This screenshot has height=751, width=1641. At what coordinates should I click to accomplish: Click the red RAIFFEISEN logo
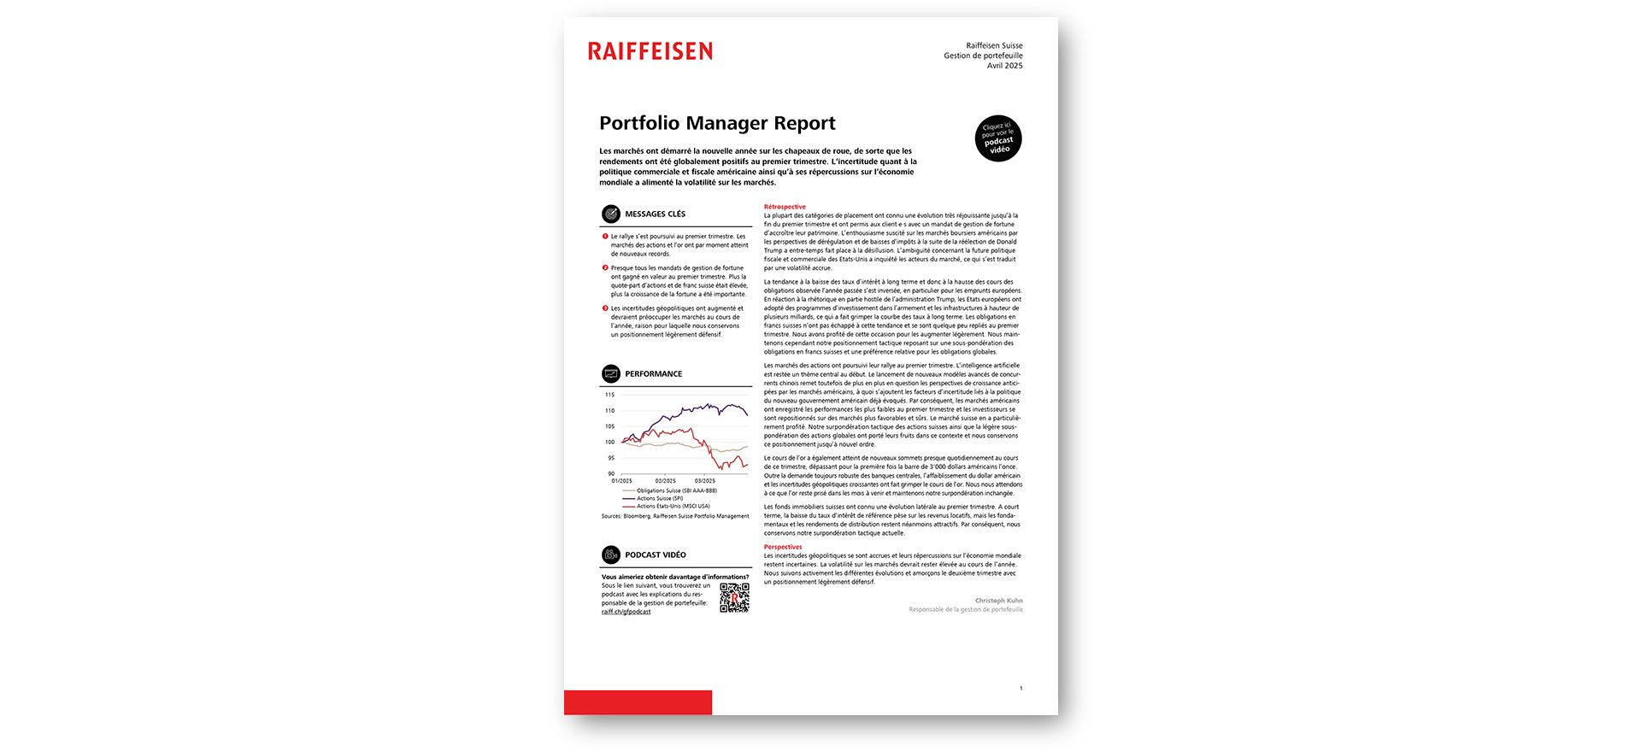point(650,51)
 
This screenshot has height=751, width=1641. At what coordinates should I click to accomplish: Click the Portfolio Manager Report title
point(717,123)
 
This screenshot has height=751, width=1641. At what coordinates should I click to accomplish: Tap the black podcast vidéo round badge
point(998,138)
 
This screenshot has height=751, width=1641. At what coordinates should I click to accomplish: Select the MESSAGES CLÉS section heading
point(655,214)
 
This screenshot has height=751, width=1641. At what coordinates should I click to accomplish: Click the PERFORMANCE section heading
point(653,374)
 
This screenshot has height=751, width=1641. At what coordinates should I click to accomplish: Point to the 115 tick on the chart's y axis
point(609,395)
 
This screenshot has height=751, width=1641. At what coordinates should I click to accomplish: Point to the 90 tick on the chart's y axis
point(611,473)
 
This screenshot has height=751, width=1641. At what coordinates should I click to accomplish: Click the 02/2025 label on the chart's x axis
point(665,481)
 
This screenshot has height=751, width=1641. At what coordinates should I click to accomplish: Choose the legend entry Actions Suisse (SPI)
point(659,499)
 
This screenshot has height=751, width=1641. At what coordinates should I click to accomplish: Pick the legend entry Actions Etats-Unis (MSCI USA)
point(673,507)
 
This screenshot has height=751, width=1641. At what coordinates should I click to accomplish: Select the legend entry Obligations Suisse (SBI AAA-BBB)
point(676,491)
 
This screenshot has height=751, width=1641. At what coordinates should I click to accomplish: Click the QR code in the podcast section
point(734,598)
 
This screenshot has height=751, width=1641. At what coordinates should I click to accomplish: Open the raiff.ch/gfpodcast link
point(626,612)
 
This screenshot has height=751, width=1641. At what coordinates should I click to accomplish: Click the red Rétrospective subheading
point(785,207)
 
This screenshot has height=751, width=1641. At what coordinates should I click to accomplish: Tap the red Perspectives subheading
point(783,547)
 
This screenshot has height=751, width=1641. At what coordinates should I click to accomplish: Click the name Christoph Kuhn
point(998,601)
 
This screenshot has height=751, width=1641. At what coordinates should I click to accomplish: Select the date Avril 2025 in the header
point(1004,66)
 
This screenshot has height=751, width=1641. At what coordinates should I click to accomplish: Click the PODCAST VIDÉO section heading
point(655,555)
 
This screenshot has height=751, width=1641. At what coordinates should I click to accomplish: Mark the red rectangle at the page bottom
point(638,702)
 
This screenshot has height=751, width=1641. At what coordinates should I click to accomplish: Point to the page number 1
point(1020,688)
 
